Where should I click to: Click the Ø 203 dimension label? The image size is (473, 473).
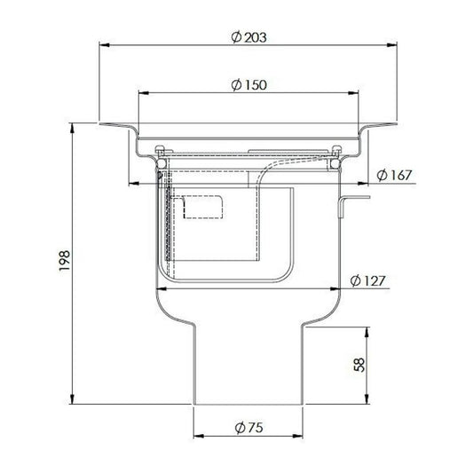point(248,37)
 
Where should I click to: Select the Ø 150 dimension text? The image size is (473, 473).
point(248,85)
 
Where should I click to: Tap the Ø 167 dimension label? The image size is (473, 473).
point(394,175)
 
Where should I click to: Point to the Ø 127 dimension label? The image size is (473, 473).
point(367,280)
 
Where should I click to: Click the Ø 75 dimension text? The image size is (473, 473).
point(248,428)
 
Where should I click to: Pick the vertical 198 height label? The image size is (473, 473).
point(65,261)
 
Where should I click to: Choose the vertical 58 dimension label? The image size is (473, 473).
point(359,365)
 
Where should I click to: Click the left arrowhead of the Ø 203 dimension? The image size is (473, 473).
point(104,45)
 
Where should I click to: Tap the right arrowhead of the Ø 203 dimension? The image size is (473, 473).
point(392,45)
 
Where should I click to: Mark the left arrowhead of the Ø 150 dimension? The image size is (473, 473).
point(143,93)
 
